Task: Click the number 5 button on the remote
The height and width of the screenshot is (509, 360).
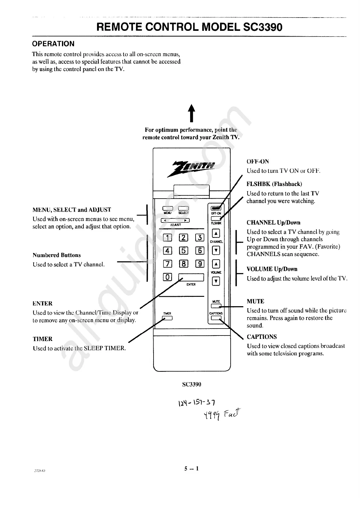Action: coord(184,250)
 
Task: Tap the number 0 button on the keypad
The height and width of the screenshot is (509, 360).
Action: coord(167,277)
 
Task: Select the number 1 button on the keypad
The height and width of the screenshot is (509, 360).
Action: coord(167,238)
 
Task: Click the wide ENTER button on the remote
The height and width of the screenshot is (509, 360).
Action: coord(191,277)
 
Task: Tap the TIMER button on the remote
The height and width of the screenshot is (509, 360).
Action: coord(167,318)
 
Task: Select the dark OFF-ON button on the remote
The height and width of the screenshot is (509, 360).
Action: coord(216,208)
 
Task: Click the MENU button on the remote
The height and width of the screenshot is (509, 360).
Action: coord(167,208)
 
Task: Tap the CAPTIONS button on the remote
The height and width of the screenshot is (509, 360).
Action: coord(216,318)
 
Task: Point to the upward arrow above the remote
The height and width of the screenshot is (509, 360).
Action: coord(191,113)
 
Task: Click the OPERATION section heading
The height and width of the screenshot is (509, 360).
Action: coord(53,44)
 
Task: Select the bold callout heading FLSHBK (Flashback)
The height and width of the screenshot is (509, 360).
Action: coord(274,184)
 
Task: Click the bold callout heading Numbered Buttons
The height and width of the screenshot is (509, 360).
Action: coord(57,255)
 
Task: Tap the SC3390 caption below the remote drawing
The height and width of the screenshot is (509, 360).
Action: coord(192,384)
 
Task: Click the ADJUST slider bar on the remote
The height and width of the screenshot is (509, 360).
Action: coord(175,220)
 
